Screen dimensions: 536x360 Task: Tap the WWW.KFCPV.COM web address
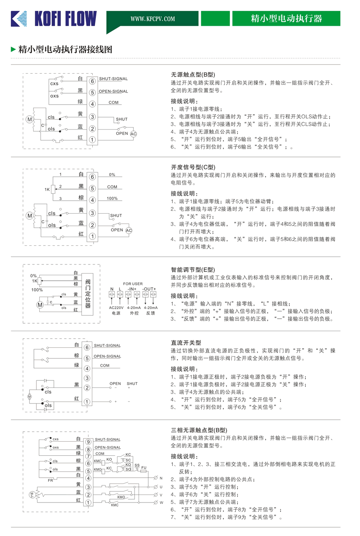point(152,19)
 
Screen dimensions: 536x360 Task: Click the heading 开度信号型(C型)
point(193,167)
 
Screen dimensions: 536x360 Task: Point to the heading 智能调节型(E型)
point(193,269)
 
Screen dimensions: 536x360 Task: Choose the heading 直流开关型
point(186,343)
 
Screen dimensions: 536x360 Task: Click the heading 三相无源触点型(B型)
point(199,430)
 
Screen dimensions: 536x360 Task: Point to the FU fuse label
point(144,467)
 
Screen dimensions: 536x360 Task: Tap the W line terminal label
point(161,503)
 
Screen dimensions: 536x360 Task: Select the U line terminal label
point(161,487)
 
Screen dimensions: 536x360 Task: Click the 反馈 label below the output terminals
point(150,313)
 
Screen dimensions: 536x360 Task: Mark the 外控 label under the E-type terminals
point(134,313)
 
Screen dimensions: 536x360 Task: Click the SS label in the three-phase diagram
point(137,465)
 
